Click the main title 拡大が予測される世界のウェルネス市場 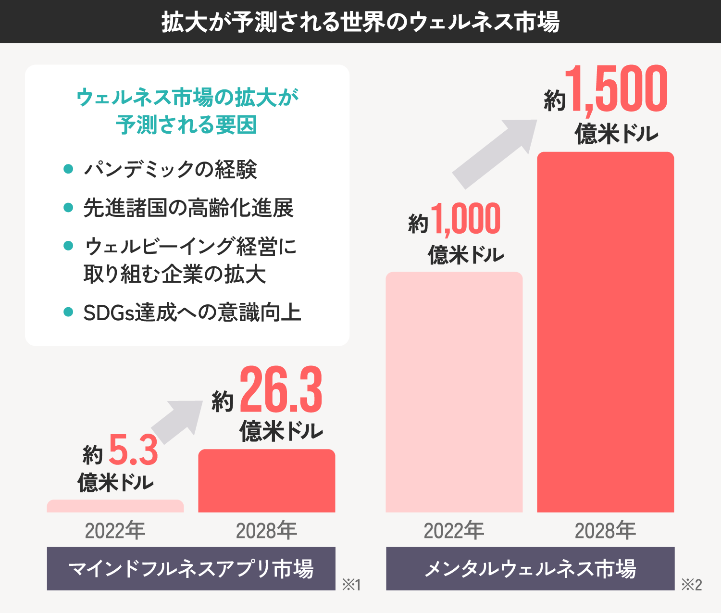point(360,22)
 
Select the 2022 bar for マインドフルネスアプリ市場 point(115,506)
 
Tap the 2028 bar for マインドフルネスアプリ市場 point(267,481)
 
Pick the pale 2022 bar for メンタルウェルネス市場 point(454,392)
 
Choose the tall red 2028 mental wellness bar point(605,332)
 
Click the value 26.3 point(281,390)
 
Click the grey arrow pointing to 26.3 point(178,421)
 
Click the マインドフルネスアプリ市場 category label point(191,569)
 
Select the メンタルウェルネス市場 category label point(530,569)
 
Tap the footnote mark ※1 point(351,585)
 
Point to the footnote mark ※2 point(692,585)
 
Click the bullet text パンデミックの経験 point(171,169)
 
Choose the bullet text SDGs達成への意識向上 point(192,313)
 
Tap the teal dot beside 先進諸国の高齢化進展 point(68,208)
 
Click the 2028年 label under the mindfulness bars point(267,531)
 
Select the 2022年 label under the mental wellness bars point(454,531)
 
